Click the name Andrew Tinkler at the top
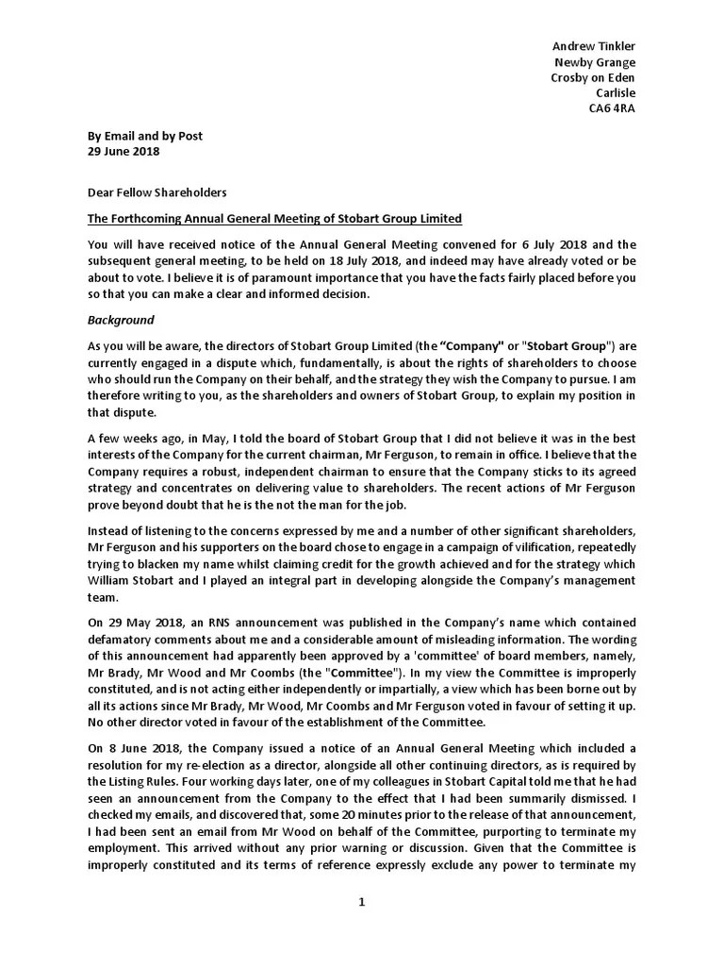593,46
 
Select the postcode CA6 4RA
611,108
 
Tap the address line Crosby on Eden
592,77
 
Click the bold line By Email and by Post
144,136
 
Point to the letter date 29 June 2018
123,151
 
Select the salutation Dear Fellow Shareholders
156,192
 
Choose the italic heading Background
121,321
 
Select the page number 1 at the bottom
361,902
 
